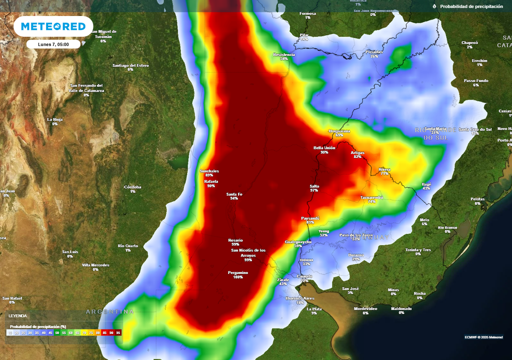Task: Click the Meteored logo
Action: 53,26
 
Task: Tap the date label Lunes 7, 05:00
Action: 53,44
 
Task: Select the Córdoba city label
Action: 132,187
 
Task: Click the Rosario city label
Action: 235,240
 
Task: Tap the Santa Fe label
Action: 234,194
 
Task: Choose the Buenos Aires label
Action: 299,298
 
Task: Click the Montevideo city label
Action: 365,308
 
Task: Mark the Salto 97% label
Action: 314,186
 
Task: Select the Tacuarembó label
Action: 371,197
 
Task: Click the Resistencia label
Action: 284,54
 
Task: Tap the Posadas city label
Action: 374,52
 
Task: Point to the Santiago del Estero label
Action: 130,65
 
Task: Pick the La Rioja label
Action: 55,119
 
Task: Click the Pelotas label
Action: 477,199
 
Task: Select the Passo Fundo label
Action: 476,80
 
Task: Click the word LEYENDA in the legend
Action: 18,316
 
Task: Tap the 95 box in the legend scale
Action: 118,332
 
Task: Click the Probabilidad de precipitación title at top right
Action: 471,6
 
